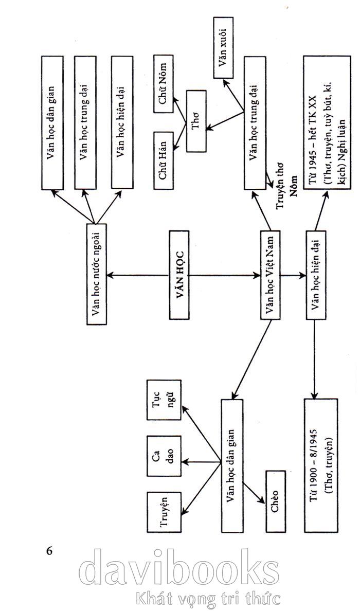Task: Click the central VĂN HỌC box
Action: coord(179,274)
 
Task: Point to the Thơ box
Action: coord(196,121)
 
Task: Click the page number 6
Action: coord(50,550)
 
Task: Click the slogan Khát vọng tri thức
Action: coord(208,598)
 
